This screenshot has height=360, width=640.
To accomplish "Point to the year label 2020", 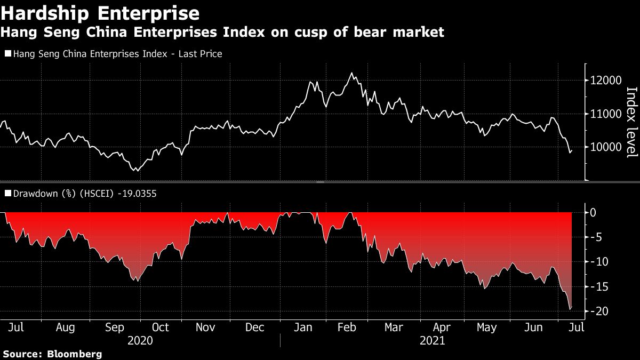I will point(140,340).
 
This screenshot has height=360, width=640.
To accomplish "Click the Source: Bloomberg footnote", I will point(52,354).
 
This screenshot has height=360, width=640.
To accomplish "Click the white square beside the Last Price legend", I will point(7,54).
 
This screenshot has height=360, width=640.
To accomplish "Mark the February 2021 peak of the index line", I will point(351,73).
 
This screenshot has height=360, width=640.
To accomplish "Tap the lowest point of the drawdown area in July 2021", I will point(570,309).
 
